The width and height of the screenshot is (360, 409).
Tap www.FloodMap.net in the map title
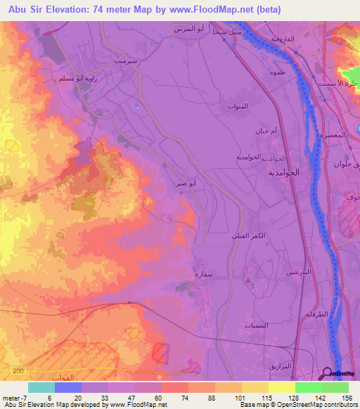point(219,10)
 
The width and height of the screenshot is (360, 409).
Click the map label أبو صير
point(186,184)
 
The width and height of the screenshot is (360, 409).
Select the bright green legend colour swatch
point(308,387)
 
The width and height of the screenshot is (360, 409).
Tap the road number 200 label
point(18,370)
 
